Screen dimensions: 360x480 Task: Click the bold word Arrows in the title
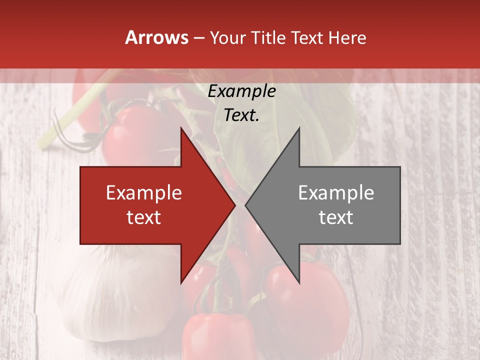click(x=157, y=37)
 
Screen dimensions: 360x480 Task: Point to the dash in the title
click(x=199, y=38)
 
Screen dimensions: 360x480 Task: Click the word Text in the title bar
click(x=307, y=38)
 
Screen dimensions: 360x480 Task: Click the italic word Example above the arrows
click(x=242, y=91)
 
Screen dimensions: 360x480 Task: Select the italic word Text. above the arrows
click(x=242, y=115)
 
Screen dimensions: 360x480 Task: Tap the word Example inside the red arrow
click(x=144, y=193)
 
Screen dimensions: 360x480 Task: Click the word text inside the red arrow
click(x=144, y=217)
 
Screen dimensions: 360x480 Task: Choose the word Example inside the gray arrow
click(x=336, y=193)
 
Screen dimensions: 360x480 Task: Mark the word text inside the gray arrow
click(x=336, y=217)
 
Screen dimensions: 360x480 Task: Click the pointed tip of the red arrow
click(x=235, y=205)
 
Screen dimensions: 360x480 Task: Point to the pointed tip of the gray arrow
click(x=245, y=205)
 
